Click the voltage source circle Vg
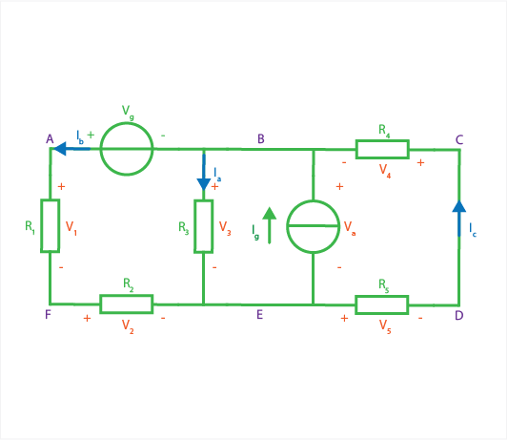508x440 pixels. [x=127, y=123]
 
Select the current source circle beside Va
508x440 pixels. [x=313, y=201]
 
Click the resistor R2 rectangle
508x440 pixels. [x=127, y=295]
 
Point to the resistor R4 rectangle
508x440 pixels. [x=382, y=140]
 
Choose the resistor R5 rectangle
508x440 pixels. [x=381, y=296]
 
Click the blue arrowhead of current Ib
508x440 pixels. [x=60, y=149]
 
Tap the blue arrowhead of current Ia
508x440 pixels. [x=204, y=184]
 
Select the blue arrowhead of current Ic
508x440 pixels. [x=459, y=206]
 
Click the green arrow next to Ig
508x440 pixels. [x=269, y=225]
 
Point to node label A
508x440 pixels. [x=50, y=139]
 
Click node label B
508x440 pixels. [x=261, y=139]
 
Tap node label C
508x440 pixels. [x=459, y=140]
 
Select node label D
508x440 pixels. [x=459, y=315]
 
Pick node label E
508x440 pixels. [x=259, y=314]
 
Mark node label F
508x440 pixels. [x=48, y=314]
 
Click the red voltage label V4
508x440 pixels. [x=385, y=171]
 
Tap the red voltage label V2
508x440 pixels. [x=128, y=326]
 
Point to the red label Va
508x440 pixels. [x=350, y=227]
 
